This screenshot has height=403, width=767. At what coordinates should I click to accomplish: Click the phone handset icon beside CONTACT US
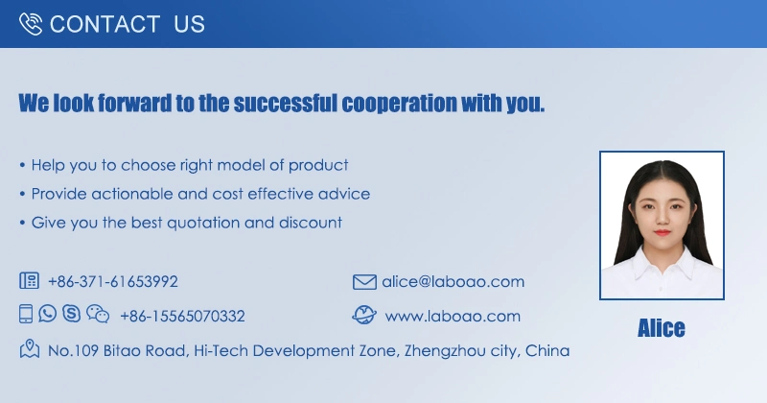31,23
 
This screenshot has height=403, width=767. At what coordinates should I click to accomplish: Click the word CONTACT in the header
105,24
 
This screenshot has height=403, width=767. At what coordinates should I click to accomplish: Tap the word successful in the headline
285,104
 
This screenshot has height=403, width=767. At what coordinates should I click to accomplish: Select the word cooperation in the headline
399,104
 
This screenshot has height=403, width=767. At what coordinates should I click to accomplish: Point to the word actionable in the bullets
132,194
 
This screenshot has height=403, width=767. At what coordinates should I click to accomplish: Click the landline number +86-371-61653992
113,281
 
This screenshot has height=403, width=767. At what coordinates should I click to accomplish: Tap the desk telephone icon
30,280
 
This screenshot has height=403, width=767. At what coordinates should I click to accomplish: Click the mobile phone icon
26,314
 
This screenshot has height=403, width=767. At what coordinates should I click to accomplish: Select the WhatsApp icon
47,314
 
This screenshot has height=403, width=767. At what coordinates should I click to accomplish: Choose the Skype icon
71,314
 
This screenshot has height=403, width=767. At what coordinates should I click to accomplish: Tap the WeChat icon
98,314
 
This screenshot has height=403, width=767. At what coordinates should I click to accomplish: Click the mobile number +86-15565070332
182,317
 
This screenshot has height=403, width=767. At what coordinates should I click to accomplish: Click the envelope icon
364,282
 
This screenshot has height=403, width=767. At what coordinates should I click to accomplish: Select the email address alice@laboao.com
453,281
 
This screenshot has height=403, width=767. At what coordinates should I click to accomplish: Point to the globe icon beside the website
364,316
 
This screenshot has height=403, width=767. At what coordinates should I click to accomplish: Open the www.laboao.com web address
453,317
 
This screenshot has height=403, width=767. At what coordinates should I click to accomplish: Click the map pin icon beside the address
30,348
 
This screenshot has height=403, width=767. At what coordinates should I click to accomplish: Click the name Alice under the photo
662,328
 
